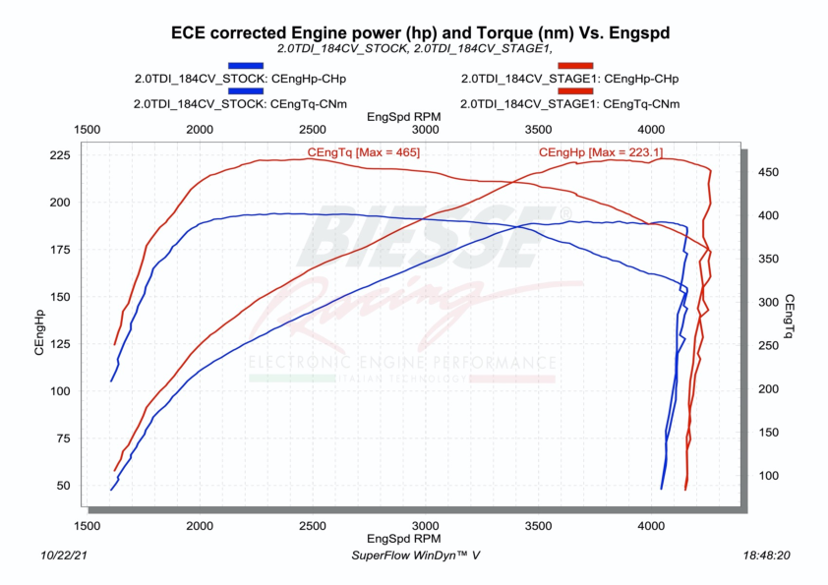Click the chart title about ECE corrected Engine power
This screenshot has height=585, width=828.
421,32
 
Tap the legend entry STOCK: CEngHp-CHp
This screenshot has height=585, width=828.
240,79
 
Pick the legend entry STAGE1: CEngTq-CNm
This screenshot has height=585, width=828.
569,103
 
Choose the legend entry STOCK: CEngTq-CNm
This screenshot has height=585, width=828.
240,103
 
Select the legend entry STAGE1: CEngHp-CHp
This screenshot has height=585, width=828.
569,79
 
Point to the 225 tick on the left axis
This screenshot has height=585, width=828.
60,155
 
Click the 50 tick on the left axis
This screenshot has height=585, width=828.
64,486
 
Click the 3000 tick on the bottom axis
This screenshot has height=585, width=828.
425,525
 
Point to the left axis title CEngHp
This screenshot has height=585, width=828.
39,331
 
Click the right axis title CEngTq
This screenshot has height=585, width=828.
790,315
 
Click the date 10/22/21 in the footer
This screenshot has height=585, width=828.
65,556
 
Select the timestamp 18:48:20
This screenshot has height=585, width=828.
767,556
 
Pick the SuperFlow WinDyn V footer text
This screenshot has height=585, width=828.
416,556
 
